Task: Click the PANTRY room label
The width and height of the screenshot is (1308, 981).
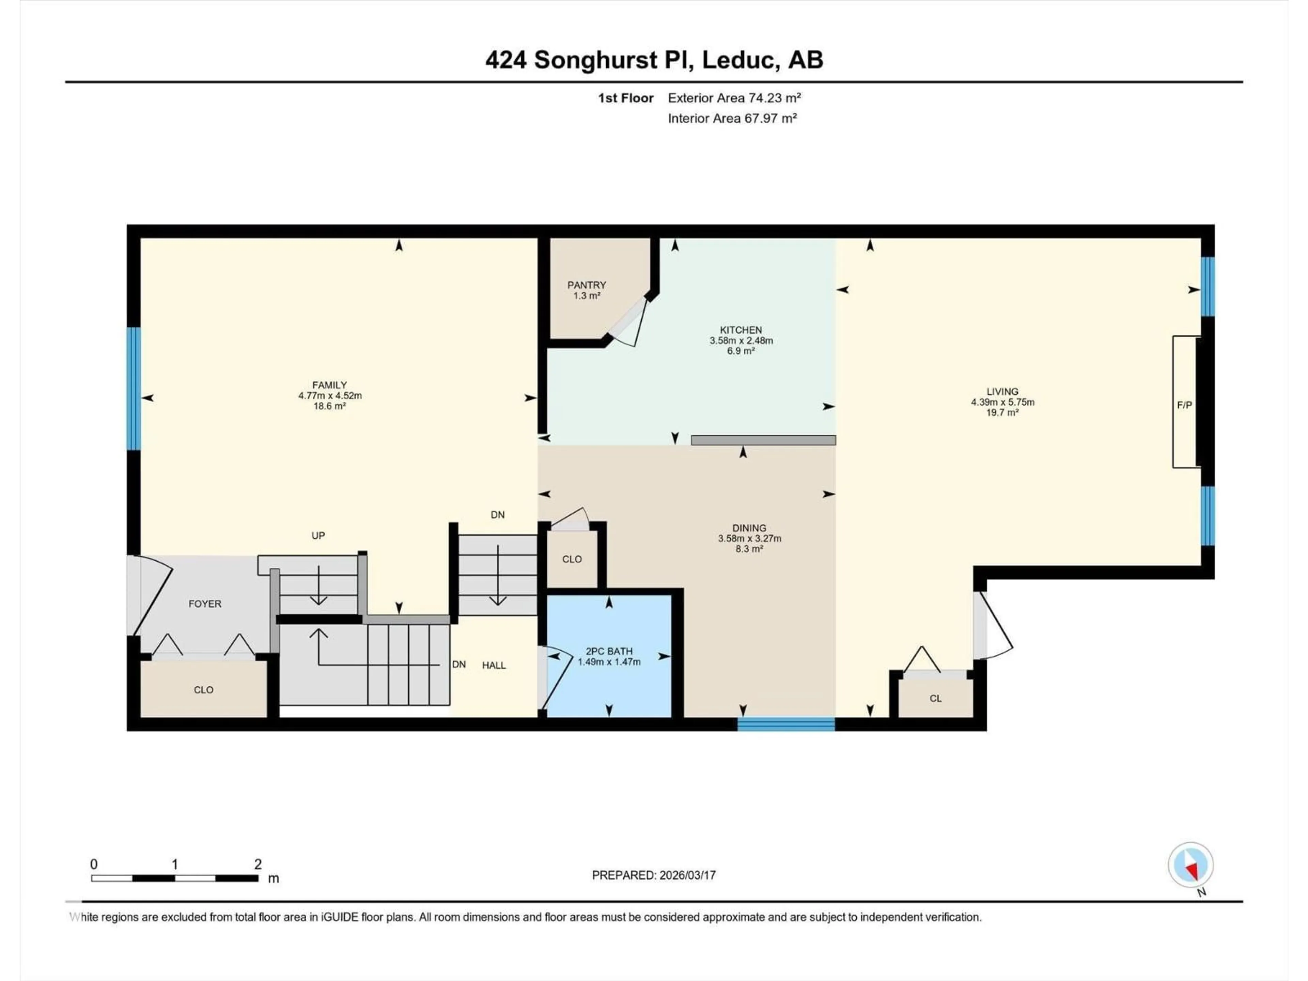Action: click(x=587, y=285)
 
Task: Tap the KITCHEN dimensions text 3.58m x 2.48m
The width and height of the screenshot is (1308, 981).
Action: click(x=741, y=341)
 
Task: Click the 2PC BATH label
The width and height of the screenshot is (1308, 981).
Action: click(x=609, y=651)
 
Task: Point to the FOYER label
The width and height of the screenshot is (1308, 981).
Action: click(x=205, y=604)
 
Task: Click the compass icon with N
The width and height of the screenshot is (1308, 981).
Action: click(x=1190, y=866)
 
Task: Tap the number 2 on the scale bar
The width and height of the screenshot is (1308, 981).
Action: click(x=258, y=864)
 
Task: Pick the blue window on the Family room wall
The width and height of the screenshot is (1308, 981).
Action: click(x=134, y=389)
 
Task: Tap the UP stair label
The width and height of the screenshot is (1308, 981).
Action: click(x=318, y=536)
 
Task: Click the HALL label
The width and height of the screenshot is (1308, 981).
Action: click(x=494, y=665)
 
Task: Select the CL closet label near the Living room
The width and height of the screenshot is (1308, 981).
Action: click(x=935, y=698)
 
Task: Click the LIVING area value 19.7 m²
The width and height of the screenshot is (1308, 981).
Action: click(x=1002, y=413)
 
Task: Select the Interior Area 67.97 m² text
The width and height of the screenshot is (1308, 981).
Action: click(x=732, y=118)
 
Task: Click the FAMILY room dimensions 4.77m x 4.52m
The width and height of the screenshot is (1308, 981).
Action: click(x=330, y=395)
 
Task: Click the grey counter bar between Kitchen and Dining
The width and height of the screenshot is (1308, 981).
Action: click(x=763, y=440)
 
